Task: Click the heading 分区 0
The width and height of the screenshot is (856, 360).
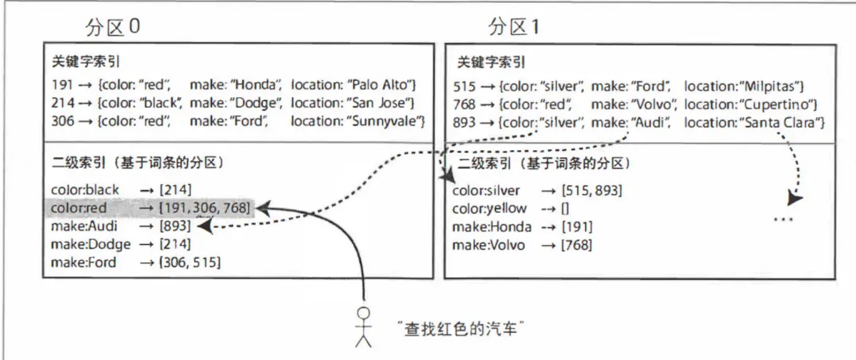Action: [112, 26]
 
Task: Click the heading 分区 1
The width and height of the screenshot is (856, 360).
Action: [512, 26]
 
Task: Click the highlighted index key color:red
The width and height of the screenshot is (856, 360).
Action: [79, 208]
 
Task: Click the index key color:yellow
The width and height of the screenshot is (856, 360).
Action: [489, 209]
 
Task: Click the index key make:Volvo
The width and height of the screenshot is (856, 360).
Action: [489, 245]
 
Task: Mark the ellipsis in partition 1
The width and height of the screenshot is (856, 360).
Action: [783, 219]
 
